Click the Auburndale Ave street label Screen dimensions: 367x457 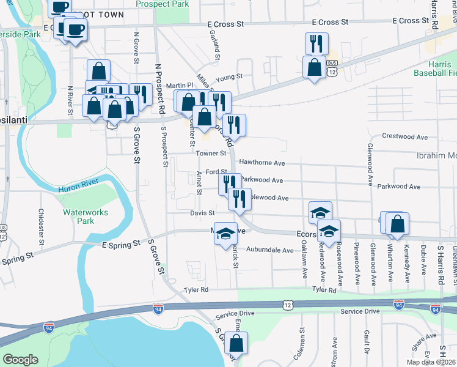point(270,250)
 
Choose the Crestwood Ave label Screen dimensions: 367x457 point(404,136)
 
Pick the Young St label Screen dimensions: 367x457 point(229,77)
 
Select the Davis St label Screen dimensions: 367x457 point(202,213)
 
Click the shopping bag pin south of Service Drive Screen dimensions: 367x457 point(236,344)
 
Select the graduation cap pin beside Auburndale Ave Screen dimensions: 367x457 point(225,233)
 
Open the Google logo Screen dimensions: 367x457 point(20,360)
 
